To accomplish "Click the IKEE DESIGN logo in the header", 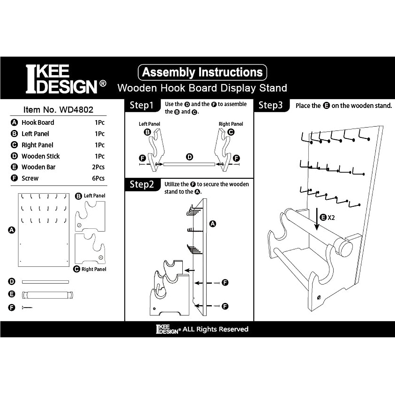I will [x=65, y=79].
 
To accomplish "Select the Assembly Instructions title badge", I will [x=202, y=72].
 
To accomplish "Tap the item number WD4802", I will [x=58, y=110].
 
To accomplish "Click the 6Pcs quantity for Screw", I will [x=98, y=178].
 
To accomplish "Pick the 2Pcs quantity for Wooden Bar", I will [x=98, y=167].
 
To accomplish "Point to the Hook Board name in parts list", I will [x=38, y=122].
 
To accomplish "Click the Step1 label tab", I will [x=142, y=105].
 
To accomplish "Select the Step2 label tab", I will [x=142, y=184].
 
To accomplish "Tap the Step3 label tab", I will [x=271, y=105].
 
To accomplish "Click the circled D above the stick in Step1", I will [x=190, y=157].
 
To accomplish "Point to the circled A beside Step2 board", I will [x=213, y=224].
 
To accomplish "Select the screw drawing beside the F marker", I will [x=27, y=307].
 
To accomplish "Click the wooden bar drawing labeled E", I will [x=47, y=295].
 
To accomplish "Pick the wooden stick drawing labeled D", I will [x=45, y=282].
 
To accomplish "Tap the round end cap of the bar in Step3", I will [x=346, y=249].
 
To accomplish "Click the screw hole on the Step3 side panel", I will [x=319, y=298].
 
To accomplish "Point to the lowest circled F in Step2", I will [x=225, y=306].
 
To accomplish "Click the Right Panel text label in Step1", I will [x=231, y=124].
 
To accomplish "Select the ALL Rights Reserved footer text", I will [x=215, y=329].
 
